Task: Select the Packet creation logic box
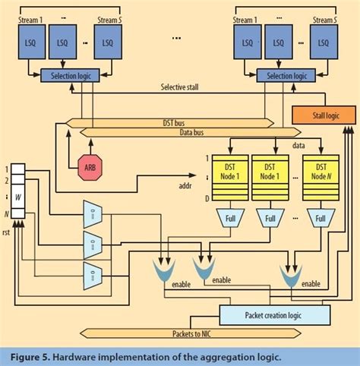(x=275, y=314)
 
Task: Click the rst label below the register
(x=8, y=232)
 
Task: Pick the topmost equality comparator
(x=92, y=213)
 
